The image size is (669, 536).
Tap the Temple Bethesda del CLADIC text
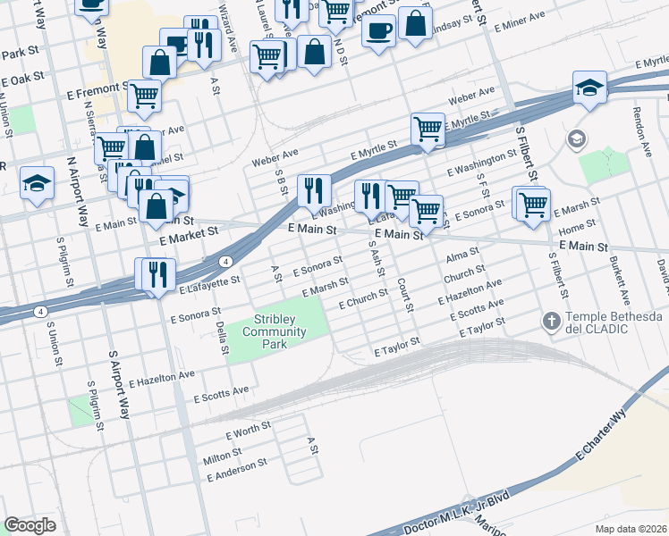click(x=614, y=324)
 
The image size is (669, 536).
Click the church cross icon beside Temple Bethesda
click(x=552, y=319)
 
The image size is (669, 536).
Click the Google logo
click(x=30, y=524)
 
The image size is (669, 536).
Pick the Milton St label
click(x=222, y=457)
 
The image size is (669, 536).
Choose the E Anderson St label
click(x=236, y=471)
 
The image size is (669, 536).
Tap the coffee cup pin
click(x=378, y=30)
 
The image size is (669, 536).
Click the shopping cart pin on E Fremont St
click(x=144, y=95)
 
